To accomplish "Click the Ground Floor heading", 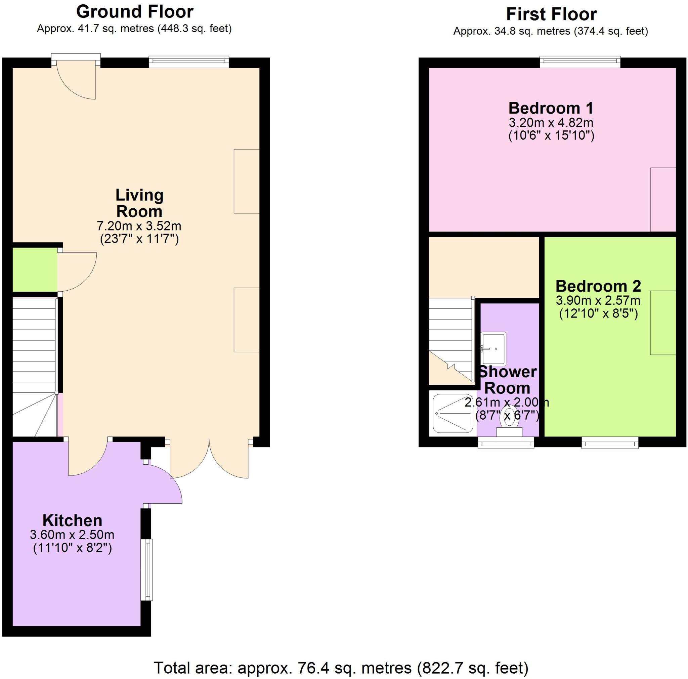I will coord(135,12).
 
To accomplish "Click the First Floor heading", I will coord(551,14).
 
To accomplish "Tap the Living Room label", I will coord(139,203).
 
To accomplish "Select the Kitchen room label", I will coord(72,520).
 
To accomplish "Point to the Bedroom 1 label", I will coord(551,108).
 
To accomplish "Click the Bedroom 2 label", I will coord(598,286).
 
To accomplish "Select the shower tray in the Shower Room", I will coord(453,413).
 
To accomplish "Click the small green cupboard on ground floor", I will coord(35,269).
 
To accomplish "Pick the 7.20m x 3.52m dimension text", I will coord(139,226).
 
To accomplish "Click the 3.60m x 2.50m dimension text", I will coord(72,535).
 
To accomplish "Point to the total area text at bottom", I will coord(341,668).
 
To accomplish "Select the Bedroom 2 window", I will coord(610,443).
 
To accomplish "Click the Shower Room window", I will coord(506,442).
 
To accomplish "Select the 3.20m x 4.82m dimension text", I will coord(551,123).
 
